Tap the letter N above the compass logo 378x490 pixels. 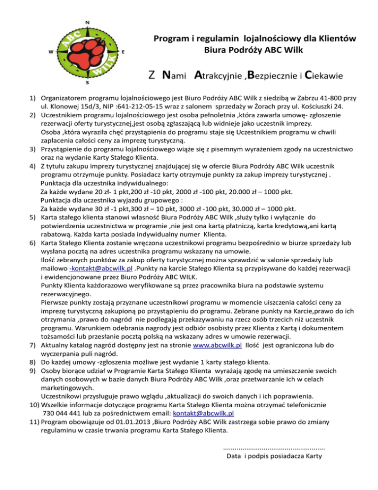87,22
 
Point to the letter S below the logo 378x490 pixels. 87,83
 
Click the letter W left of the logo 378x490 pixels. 51,52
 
